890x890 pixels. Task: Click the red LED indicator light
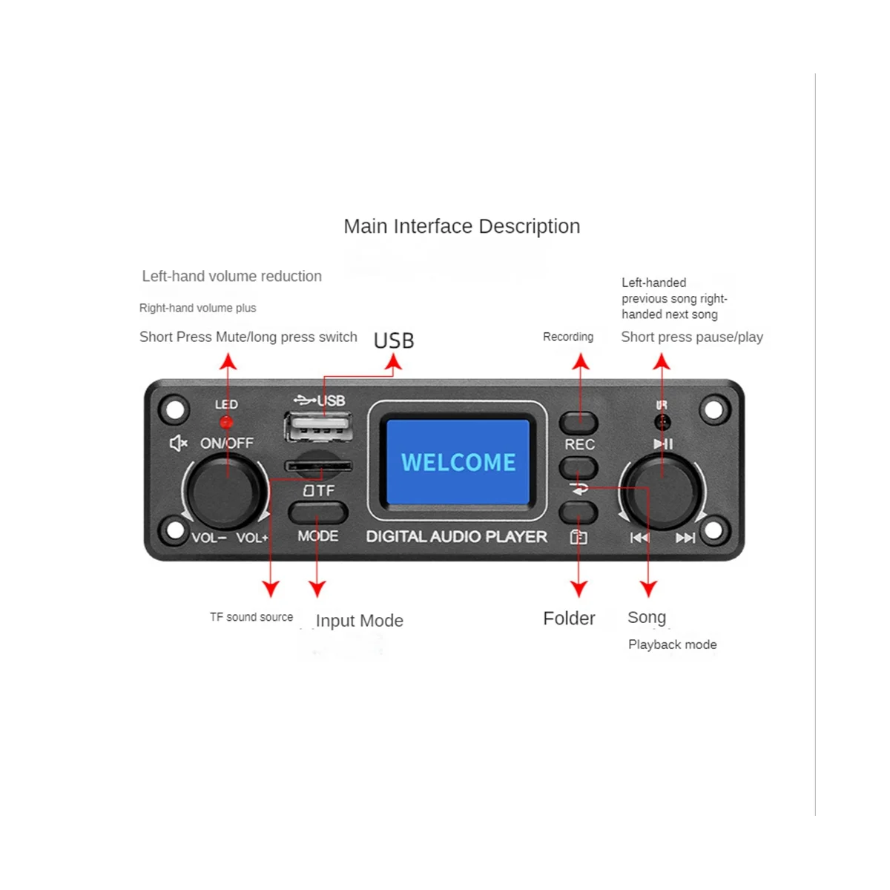pos(226,422)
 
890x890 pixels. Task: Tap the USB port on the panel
pos(317,429)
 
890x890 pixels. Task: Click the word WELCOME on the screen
pos(458,462)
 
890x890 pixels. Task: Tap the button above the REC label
pos(578,423)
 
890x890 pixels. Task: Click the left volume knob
pos(225,491)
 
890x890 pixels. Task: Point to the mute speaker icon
pos(178,444)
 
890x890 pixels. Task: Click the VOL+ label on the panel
pos(252,538)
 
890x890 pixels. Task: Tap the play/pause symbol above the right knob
pos(663,444)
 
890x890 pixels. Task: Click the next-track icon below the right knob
pos(685,538)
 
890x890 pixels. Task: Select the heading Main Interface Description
pos(461,226)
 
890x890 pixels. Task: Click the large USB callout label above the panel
pos(394,340)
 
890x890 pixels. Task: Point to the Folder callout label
pos(569,619)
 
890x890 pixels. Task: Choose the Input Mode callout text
pos(360,621)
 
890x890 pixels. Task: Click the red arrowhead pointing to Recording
pos(581,361)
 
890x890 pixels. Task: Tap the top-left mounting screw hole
pos(174,409)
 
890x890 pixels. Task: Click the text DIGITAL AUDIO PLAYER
pos(457,537)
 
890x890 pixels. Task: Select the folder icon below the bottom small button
pos(578,538)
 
